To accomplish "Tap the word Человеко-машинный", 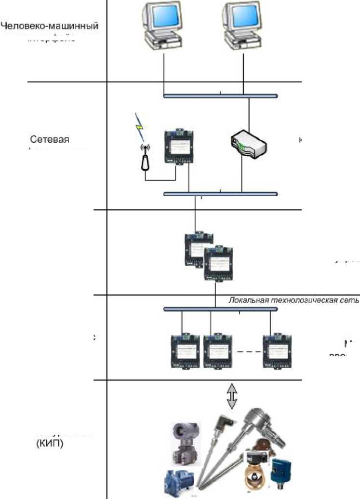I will (x=50, y=26).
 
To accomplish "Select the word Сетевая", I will (x=50, y=140).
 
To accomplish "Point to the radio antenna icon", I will (x=144, y=158).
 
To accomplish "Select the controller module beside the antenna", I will (x=178, y=147).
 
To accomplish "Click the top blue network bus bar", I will (x=220, y=96).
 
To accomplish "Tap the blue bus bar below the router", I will (x=220, y=194).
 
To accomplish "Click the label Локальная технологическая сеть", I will (x=293, y=300).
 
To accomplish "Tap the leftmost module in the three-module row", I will (x=187, y=351).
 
